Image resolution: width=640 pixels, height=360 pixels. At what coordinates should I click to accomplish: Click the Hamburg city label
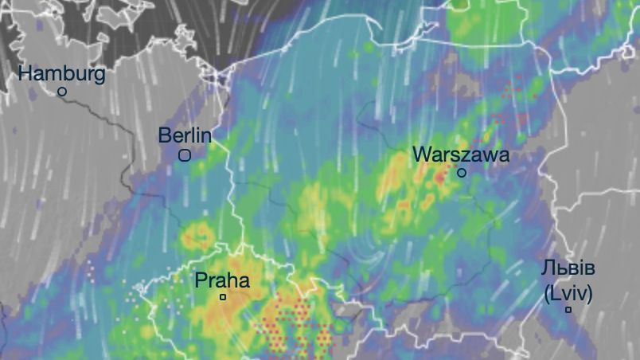61,74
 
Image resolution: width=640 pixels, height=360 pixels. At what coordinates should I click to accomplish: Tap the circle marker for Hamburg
62,92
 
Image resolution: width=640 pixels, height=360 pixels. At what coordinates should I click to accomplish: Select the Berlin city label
185,135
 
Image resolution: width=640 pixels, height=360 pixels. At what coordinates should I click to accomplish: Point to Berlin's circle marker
185,156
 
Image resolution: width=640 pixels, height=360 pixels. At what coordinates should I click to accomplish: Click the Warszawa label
461,155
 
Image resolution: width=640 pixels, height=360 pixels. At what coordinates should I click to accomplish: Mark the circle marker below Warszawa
461,172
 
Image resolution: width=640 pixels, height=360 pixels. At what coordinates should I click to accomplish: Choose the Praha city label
222,280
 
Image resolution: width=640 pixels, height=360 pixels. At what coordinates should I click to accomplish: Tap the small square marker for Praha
223,297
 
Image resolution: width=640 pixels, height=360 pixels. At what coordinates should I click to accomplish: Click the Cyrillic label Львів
568,268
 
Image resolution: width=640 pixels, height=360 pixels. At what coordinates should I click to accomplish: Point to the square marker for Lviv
568,310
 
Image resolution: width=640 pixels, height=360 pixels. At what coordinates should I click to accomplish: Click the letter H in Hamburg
25,74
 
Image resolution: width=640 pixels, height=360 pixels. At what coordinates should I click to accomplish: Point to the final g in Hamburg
99,76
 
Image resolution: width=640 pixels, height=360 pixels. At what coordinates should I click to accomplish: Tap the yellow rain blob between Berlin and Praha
196,235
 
